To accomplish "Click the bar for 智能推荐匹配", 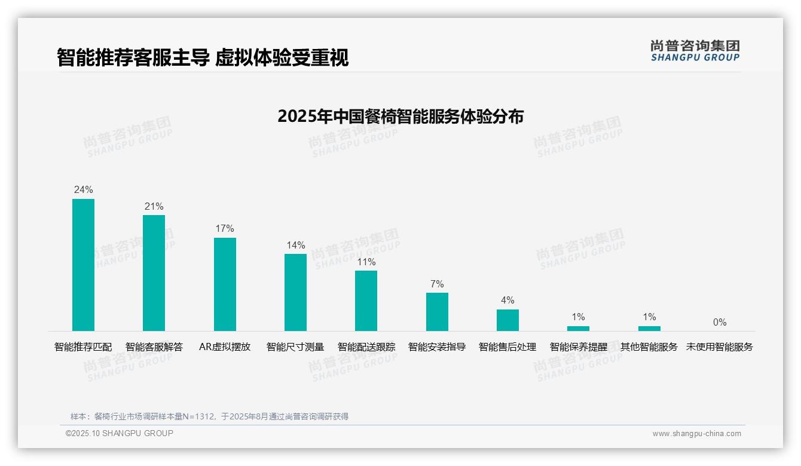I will [83, 265].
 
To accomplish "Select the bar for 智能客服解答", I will [154, 273].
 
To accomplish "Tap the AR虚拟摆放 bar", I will [225, 284].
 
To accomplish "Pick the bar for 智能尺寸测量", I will [295, 292].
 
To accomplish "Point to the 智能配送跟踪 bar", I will [366, 301].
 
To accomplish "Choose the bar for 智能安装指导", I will [437, 312].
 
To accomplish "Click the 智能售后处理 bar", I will [507, 320].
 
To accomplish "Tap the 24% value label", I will [83, 189].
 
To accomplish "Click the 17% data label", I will [225, 228].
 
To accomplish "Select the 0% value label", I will [720, 322].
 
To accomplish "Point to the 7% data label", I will [437, 284].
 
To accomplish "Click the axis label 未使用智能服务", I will [720, 347].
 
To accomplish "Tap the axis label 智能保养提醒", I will [578, 347].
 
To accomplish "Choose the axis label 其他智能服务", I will [649, 347].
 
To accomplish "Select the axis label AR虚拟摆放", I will [225, 347].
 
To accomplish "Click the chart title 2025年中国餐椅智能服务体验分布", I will [400, 116].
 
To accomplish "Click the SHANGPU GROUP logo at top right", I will [695, 51].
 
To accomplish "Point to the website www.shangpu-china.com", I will [696, 434].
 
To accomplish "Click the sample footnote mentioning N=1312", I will [209, 416].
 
